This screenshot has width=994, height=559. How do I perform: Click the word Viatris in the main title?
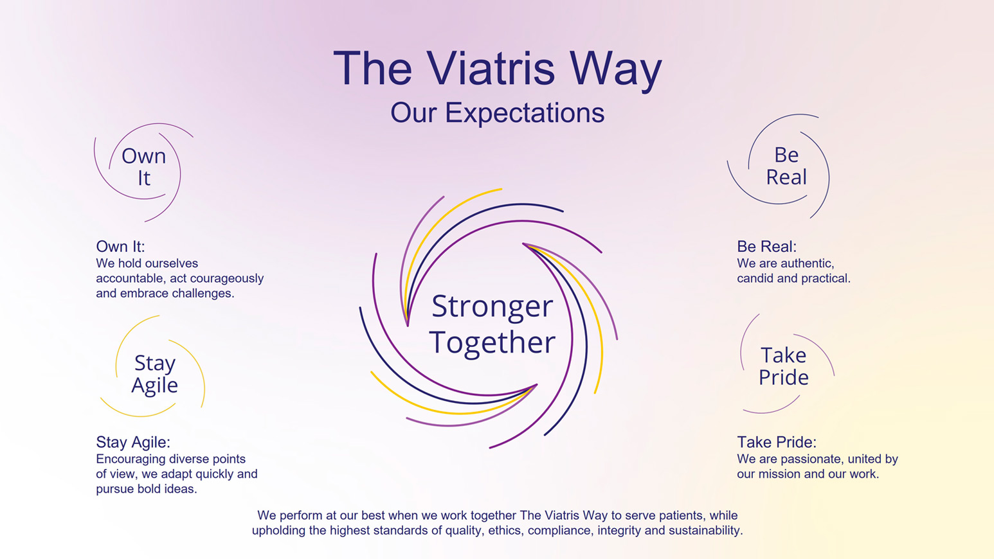490,68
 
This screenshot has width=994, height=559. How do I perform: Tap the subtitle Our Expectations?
497,113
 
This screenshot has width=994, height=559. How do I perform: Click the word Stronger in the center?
492,306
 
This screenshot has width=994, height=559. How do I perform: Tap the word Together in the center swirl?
492,342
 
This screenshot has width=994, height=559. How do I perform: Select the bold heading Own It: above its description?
120,247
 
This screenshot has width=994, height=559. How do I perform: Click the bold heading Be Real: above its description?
766,247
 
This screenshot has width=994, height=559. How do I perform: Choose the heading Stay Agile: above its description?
133,442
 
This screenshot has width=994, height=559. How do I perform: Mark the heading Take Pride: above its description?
776,442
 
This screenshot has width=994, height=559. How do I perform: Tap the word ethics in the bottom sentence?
503,531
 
